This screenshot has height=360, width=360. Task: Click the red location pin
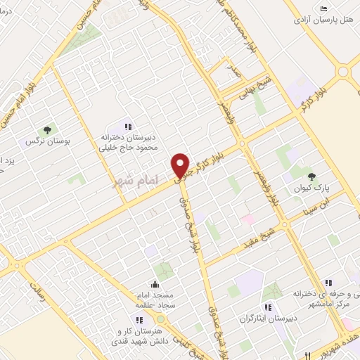pos(181,165)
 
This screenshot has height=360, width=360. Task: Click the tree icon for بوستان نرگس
pos(47,130)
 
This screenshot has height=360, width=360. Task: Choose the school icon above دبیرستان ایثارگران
pos(267,307)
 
